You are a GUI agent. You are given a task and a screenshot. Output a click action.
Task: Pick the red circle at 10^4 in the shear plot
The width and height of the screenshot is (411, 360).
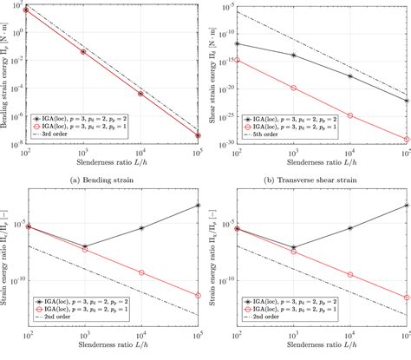[350, 115]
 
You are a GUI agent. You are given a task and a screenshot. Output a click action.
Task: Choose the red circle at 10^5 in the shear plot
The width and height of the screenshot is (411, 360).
[407, 139]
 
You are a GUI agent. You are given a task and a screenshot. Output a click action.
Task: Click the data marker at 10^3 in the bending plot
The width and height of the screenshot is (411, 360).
[83, 51]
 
